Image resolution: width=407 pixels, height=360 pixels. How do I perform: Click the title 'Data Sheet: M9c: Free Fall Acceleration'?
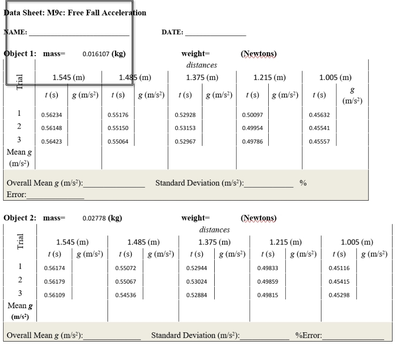click(75, 13)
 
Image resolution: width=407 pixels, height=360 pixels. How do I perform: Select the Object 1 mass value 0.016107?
click(97, 54)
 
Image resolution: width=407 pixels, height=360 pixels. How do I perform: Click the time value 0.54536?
click(125, 295)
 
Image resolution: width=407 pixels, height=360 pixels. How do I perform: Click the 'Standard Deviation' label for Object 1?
click(199, 183)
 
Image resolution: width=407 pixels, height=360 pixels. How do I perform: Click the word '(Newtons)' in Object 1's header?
click(259, 54)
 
